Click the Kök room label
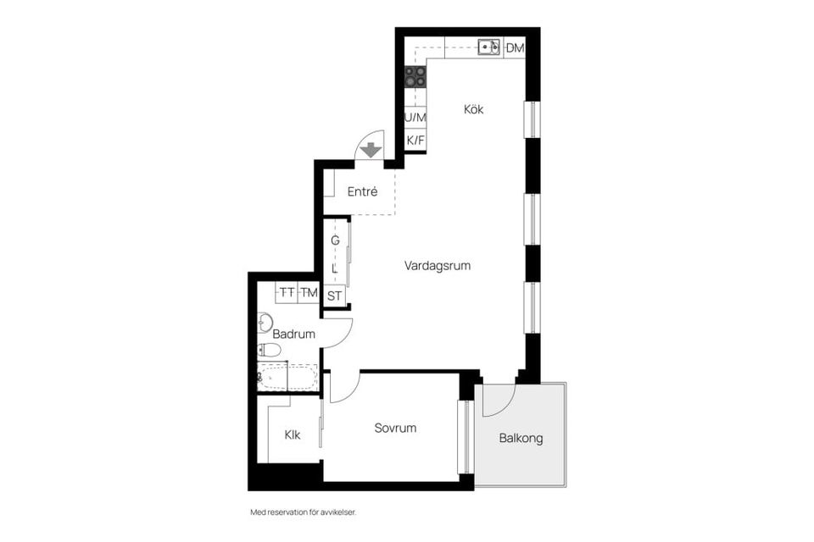point(473,109)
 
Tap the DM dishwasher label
point(515,48)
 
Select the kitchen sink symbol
point(488,47)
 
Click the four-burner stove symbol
point(415,78)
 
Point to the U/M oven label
point(415,117)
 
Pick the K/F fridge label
point(415,140)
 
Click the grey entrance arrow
point(371,151)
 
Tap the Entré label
point(362,192)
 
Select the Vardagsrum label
point(438,265)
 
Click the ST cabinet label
point(334,296)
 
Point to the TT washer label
point(287,292)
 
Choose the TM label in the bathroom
point(309,292)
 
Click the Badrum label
point(293,335)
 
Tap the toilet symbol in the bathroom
point(270,350)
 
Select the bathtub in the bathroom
point(287,378)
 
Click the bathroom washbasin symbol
point(264,321)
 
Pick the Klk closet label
point(293,435)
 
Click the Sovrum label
point(395,428)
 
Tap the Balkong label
point(521,439)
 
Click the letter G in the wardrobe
point(335,241)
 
